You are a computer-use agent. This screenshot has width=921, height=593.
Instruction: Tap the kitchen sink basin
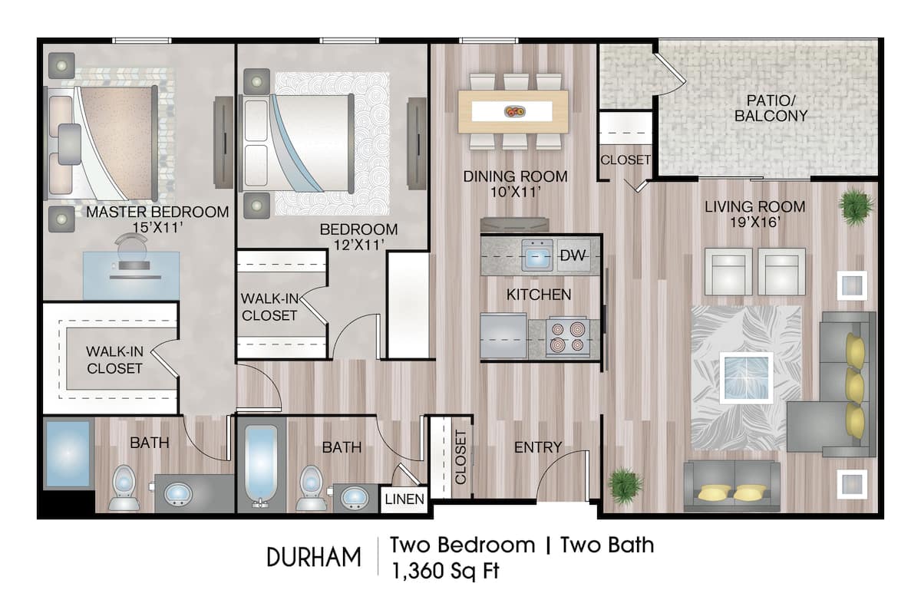point(537,255)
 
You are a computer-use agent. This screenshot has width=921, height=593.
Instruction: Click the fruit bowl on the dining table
point(514,112)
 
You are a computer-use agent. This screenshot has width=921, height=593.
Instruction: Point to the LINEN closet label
point(404,500)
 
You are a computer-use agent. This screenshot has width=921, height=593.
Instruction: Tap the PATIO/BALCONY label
point(771,108)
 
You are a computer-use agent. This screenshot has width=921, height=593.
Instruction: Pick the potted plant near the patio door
point(856,206)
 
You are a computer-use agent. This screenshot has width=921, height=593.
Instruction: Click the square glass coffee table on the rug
point(746,377)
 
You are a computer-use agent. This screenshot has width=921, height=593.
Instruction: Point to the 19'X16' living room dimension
point(754,223)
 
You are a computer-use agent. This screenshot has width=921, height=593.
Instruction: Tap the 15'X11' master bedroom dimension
point(157,229)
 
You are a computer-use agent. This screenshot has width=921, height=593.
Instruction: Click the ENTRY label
point(538,447)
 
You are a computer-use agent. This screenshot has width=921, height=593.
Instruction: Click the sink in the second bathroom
point(354,497)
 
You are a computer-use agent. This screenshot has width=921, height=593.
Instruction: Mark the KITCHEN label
point(539,295)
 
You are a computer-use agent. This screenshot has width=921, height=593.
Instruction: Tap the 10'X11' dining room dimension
point(516,193)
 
